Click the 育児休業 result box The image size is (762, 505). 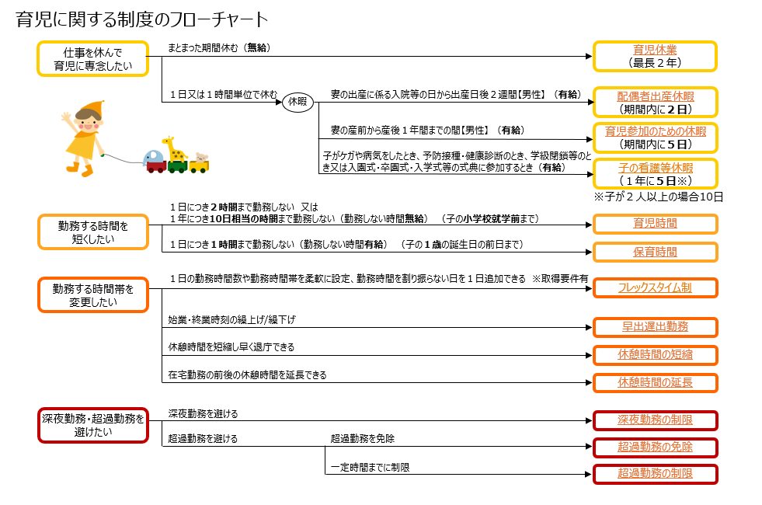(655, 56)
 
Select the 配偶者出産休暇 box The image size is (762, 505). (655, 102)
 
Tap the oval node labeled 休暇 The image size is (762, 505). (297, 102)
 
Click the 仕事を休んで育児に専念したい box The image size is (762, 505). (92, 59)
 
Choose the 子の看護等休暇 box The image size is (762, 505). (655, 173)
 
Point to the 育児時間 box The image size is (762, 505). (655, 224)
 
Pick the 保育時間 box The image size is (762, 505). (655, 252)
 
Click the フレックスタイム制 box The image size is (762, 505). (655, 287)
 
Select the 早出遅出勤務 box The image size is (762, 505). (655, 326)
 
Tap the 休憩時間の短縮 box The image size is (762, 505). (655, 355)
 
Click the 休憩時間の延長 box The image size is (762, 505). (655, 382)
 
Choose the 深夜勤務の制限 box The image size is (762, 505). (655, 420)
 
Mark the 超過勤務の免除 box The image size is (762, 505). (655, 447)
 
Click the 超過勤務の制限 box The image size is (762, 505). (655, 473)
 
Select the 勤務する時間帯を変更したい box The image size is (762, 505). (92, 294)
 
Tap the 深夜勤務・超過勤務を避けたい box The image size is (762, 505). (92, 424)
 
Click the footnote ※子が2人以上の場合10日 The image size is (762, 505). (658, 197)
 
